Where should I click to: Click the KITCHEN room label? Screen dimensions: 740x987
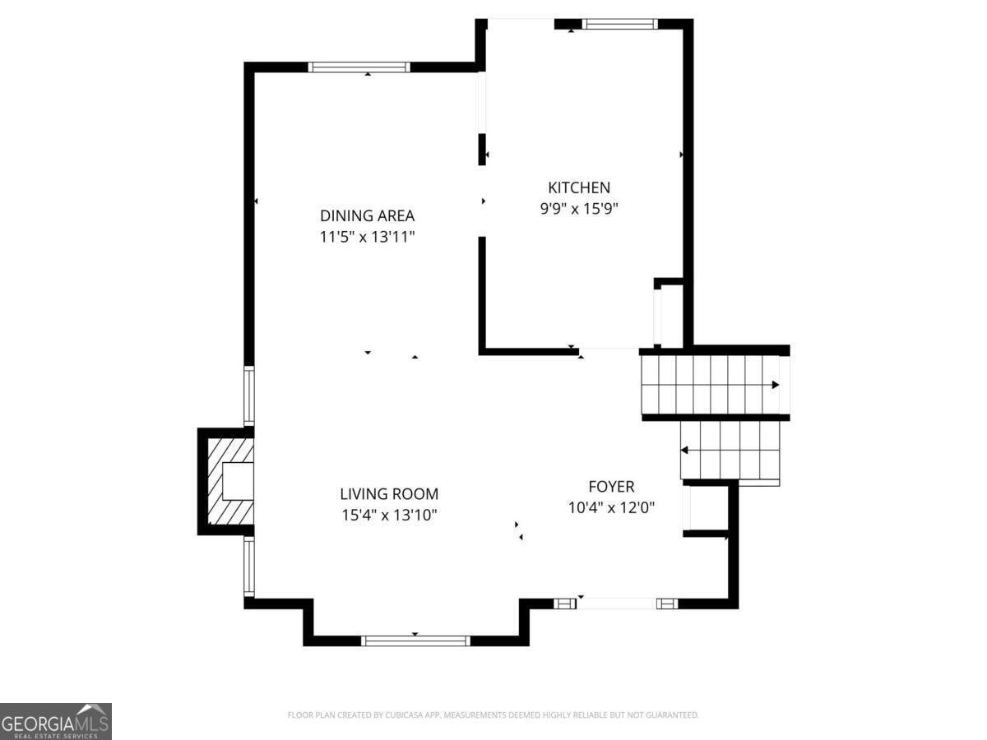coord(579,187)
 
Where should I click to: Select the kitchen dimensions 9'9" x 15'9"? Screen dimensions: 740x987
coord(579,209)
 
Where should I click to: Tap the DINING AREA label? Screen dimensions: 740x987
coord(367,216)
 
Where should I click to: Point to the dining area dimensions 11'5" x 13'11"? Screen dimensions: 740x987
coord(367,238)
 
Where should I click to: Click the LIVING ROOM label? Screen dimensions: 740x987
coord(389,494)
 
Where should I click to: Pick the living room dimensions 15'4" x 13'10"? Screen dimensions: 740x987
coord(389,516)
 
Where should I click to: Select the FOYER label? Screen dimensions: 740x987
coord(611,487)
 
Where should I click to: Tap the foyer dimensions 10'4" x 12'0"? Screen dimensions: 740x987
coord(611,508)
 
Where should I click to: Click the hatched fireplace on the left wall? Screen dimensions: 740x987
coord(229,482)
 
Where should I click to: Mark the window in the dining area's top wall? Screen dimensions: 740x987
coord(359,67)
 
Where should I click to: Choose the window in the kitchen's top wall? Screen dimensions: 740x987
coord(619,24)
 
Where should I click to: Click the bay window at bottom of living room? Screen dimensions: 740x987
coord(415,641)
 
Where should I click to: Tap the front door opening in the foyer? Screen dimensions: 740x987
coord(617,604)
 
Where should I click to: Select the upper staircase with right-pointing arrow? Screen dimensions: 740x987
coord(713,384)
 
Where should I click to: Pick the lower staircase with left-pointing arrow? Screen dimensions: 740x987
coord(730,450)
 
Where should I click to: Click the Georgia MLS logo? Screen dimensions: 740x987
coord(55,721)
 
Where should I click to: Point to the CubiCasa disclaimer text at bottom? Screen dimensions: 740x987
coord(493,715)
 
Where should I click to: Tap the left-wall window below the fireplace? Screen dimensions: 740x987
coord(248,566)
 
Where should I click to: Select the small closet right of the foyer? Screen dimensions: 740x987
coord(708,509)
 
